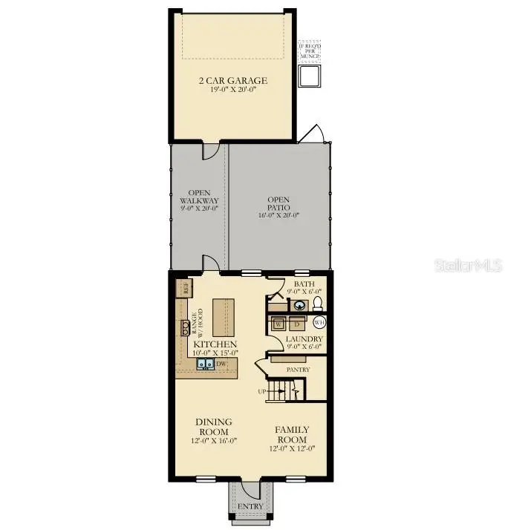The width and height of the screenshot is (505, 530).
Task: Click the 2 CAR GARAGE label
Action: [233, 80]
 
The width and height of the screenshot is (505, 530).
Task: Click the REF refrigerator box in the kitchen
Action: [182, 286]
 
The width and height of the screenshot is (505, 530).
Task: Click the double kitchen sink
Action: [205, 364]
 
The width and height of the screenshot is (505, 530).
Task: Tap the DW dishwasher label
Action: [221, 364]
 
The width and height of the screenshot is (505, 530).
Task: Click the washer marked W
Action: [278, 324]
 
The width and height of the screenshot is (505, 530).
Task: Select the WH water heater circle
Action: [320, 322]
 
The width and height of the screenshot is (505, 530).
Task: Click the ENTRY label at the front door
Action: [250, 506]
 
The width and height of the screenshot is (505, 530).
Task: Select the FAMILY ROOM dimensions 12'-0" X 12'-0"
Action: [292, 448]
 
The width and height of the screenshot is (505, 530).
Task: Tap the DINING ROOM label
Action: [214, 426]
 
